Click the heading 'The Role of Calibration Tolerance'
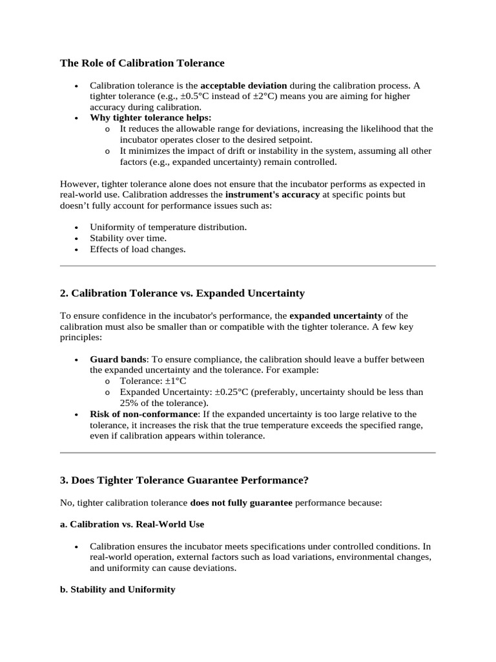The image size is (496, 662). (x=142, y=63)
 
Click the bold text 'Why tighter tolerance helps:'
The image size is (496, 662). (x=150, y=118)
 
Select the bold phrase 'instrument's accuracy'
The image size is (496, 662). (x=272, y=195)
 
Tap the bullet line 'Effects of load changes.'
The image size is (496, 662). (x=138, y=250)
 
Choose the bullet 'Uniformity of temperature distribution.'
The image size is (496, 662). (x=168, y=228)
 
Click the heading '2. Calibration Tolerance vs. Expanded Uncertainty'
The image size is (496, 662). (x=182, y=294)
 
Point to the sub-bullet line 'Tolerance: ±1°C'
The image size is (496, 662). (x=152, y=381)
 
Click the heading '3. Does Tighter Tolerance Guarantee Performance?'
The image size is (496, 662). (x=184, y=480)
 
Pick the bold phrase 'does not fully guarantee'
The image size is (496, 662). (x=241, y=502)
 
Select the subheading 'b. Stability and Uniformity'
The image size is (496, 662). (x=118, y=590)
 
